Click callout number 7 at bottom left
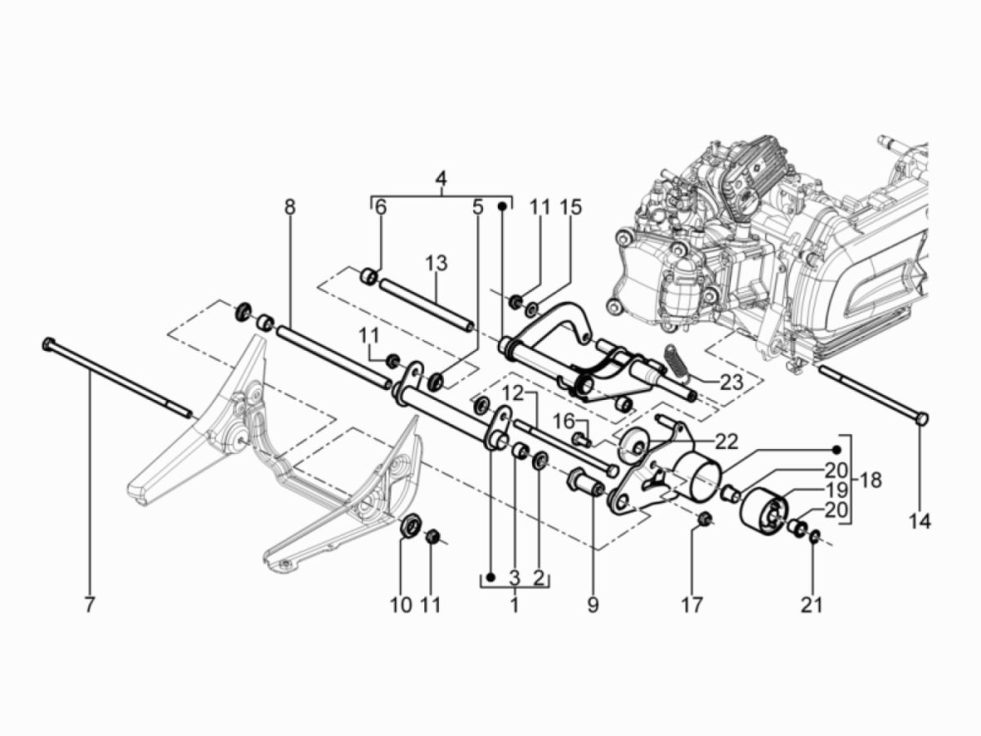click(89, 605)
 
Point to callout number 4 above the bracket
click(441, 177)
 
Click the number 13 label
click(436, 263)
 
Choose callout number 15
click(571, 207)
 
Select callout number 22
click(726, 442)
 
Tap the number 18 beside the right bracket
click(871, 480)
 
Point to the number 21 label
click(812, 605)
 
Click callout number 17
click(692, 605)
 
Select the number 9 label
click(593, 605)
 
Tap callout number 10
click(401, 605)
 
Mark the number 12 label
click(512, 393)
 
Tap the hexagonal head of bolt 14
click(921, 419)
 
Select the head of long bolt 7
click(48, 343)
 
